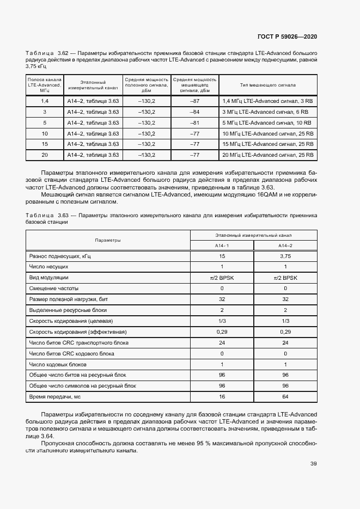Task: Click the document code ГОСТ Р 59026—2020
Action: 287,36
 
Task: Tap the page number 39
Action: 313,463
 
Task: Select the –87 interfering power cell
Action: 194,101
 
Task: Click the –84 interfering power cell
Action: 194,112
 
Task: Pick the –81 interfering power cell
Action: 194,122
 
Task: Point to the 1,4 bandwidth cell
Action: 45,101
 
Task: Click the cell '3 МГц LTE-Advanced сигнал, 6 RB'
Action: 267,112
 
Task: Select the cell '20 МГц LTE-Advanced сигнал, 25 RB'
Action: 268,155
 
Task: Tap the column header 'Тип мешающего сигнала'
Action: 268,85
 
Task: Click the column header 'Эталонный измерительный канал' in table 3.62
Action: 93,85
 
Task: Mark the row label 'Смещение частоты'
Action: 54,288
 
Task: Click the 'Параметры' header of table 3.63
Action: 108,240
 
